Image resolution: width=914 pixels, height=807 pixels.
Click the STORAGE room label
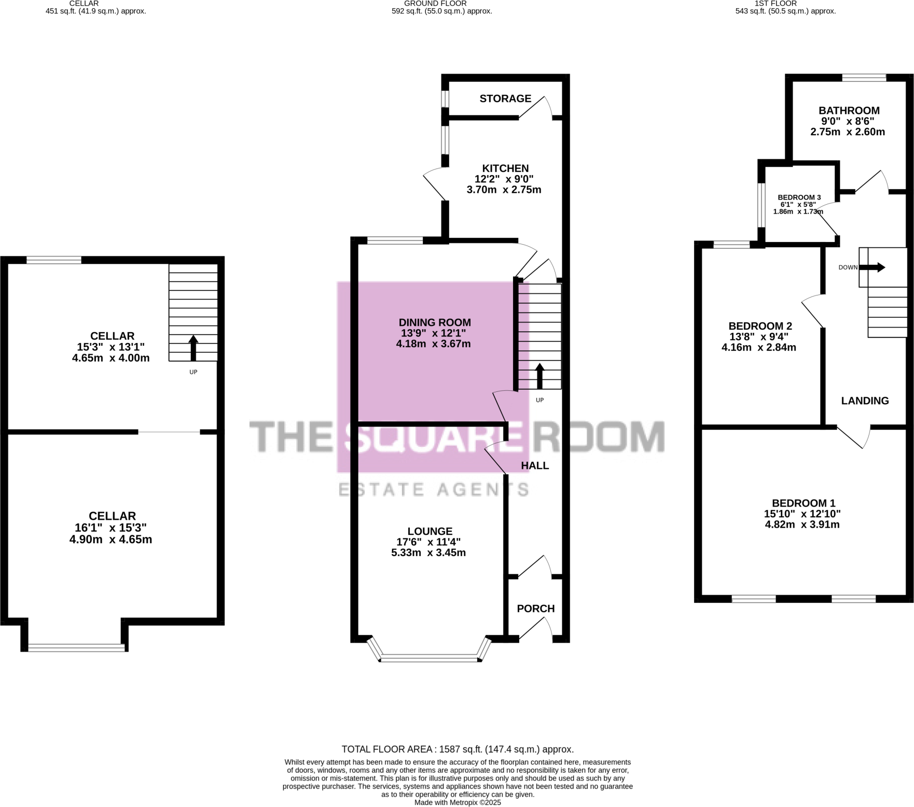pos(505,98)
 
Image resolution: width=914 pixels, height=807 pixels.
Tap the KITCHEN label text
pos(505,168)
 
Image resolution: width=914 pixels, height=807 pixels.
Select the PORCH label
pos(535,608)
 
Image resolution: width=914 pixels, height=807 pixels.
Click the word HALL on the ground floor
pos(535,465)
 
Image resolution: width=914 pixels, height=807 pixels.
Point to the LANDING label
pos(865,401)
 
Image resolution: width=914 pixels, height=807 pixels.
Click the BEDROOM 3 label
pos(799,197)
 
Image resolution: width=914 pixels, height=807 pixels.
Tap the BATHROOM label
pos(849,110)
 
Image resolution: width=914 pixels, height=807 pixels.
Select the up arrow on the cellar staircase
pos(193,347)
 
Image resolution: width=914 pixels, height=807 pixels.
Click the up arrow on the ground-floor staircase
pos(539,376)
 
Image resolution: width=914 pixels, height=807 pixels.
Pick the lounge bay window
pos(429,659)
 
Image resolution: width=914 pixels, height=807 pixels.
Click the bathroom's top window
pos(864,78)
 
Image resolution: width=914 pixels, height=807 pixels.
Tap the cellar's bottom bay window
pos(76,647)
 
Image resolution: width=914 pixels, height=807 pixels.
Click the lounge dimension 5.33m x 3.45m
pos(428,553)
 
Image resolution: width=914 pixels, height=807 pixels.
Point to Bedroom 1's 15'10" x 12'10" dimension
pos(802,514)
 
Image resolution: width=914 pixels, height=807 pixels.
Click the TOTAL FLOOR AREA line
pos(457,749)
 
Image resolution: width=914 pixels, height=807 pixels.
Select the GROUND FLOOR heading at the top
pos(435,4)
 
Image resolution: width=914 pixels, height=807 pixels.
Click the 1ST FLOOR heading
pos(775,4)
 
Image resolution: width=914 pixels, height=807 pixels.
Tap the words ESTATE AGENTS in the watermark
pos(433,489)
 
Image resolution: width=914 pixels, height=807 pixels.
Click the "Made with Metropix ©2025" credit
pos(457,802)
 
